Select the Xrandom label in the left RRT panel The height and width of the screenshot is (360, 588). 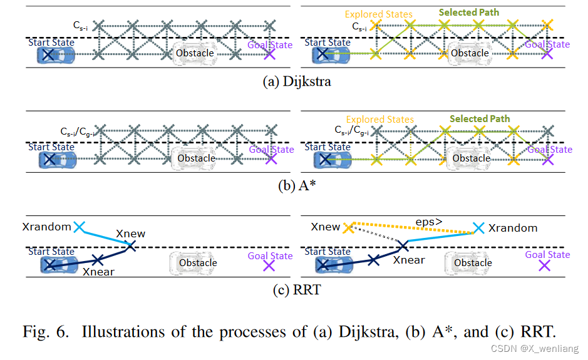pos(46,227)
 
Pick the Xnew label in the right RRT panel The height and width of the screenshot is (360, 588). pos(325,227)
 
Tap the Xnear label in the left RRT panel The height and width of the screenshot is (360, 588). pos(98,272)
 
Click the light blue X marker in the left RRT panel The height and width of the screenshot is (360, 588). pos(79,227)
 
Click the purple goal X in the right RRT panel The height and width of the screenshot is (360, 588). pos(545,265)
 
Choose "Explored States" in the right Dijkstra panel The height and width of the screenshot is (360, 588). pos(379,14)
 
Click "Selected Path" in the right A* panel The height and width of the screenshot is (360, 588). pos(480,118)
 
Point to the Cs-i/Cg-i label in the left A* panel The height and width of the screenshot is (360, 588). pos(78,131)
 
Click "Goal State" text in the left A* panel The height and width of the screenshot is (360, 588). pos(271,149)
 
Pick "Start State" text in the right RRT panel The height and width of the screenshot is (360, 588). pos(328,252)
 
